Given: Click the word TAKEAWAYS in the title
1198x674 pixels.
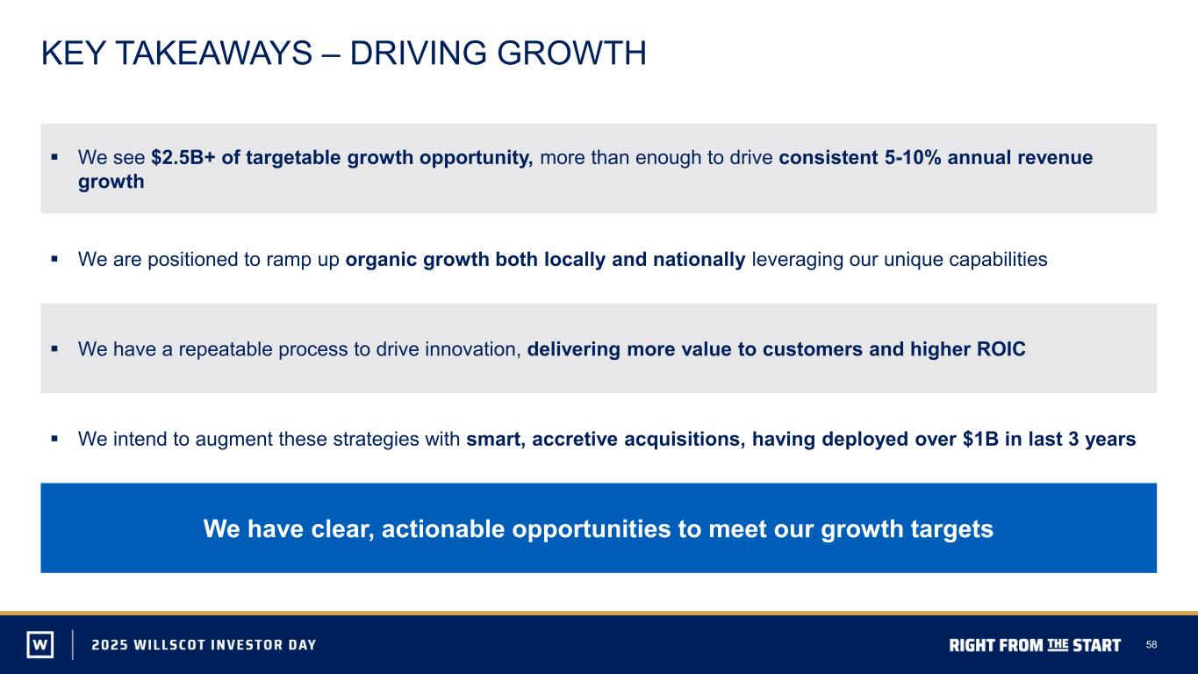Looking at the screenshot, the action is click(214, 53).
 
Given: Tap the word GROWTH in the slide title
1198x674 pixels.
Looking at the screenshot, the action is click(571, 53).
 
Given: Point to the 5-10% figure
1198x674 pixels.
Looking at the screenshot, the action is click(913, 157).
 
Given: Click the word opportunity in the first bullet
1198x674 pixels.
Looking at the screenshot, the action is click(476, 158).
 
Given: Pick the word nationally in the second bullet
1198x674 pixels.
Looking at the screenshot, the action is click(699, 260).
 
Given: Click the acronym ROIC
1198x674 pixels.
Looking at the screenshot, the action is click(1001, 348).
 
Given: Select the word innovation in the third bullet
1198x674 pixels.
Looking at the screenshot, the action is click(473, 348).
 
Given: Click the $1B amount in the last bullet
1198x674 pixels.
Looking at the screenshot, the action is click(980, 439).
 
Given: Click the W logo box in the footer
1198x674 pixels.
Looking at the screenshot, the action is click(40, 644).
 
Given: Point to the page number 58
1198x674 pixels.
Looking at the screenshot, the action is click(1151, 644).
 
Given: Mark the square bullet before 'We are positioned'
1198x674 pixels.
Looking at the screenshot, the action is click(54, 259).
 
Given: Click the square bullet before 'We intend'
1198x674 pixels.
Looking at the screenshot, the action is click(54, 439).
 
